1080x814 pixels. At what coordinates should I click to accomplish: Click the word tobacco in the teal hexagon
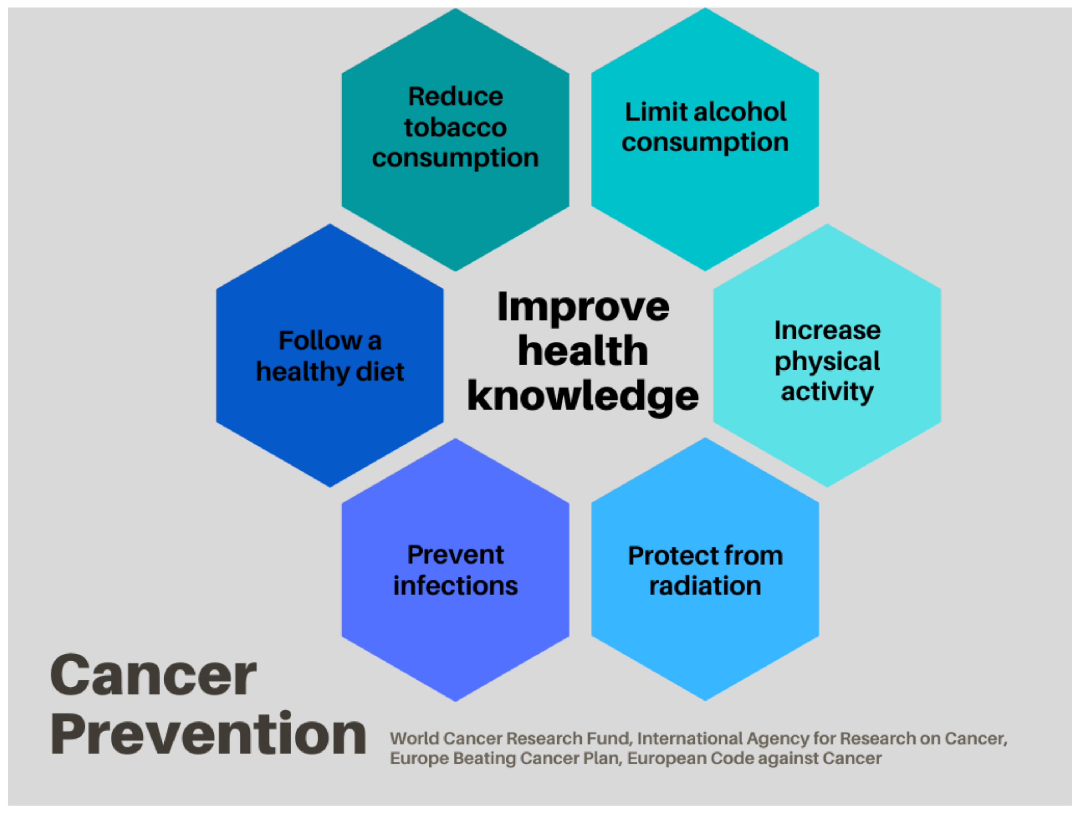click(455, 128)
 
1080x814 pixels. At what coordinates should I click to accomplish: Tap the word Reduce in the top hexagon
click(455, 96)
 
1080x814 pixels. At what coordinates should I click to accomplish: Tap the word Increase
click(828, 331)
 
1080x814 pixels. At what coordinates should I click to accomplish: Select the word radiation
click(705, 586)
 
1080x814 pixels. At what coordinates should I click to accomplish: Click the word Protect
click(665, 556)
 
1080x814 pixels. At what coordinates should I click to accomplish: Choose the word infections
click(455, 586)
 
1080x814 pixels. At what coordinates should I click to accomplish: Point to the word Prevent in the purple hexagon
click(455, 555)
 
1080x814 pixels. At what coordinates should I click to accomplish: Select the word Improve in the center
click(583, 308)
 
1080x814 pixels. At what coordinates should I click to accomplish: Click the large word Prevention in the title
click(209, 734)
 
